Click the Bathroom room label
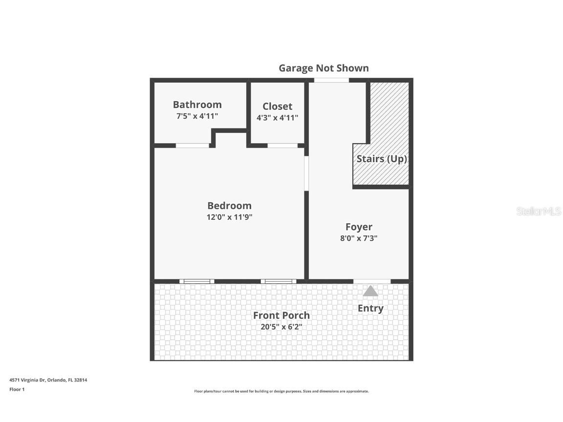[x=197, y=105]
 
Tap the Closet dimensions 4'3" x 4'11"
[x=277, y=118]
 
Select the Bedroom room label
[x=229, y=206]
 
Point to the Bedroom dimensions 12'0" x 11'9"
[x=229, y=217]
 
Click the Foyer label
[x=359, y=227]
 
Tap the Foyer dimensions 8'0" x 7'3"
[x=359, y=238]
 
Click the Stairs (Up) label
[x=381, y=159]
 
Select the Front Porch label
[x=281, y=315]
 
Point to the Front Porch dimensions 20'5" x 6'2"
[x=281, y=326]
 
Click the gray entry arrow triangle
[x=370, y=292]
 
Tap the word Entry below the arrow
[x=370, y=308]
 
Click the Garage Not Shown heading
[x=324, y=68]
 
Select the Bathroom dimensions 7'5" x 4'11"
[x=197, y=116]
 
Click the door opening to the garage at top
[x=331, y=80]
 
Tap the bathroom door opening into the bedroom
[x=193, y=146]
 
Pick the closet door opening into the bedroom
[x=282, y=146]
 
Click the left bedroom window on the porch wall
[x=196, y=281]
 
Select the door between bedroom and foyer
[x=306, y=173]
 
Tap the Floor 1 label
[x=17, y=389]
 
